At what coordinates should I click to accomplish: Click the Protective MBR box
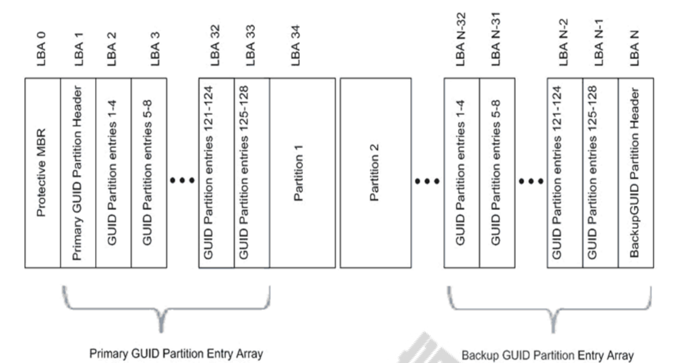43,172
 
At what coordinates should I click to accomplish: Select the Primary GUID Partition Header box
78,172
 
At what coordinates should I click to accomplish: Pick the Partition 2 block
376,172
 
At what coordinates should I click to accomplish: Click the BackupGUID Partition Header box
636,172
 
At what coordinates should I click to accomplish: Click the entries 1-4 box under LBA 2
113,172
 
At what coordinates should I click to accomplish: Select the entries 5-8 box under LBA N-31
496,172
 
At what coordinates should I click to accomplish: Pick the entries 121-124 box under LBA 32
216,172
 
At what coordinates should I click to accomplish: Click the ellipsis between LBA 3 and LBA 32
181,181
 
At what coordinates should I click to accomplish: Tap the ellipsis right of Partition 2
427,181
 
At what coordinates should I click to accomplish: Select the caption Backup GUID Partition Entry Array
548,355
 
